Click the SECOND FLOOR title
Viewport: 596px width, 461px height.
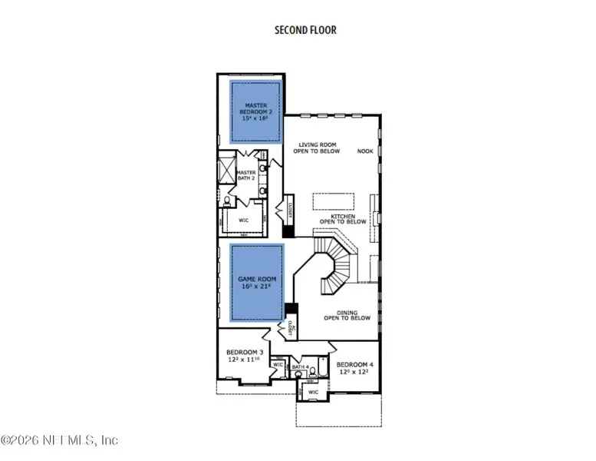[305, 31]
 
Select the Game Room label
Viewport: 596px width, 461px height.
[258, 282]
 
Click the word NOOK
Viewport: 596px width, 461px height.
[365, 151]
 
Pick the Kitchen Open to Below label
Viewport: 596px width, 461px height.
[344, 219]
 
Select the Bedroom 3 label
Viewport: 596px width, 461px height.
[243, 356]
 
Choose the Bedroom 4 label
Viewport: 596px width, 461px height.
[354, 367]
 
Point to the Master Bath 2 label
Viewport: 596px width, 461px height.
[245, 176]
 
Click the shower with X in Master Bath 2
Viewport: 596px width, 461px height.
[227, 167]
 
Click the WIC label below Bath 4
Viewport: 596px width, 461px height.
[313, 392]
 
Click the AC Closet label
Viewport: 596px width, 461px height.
[292, 328]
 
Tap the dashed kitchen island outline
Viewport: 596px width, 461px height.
[331, 201]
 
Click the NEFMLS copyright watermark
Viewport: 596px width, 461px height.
[60, 440]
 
